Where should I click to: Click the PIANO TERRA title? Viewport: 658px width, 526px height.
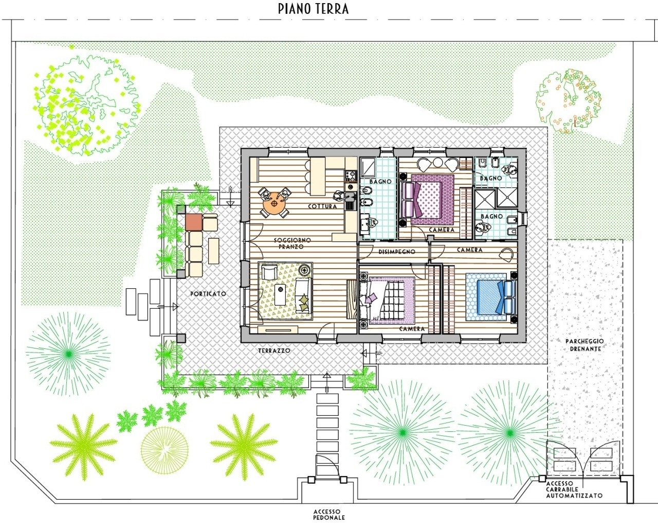(313, 9)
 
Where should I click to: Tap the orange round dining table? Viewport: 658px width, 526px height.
(275, 203)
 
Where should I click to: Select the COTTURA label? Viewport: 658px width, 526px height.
(322, 206)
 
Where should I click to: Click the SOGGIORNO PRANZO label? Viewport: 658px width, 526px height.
(292, 243)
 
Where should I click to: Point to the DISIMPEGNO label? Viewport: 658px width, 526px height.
(397, 252)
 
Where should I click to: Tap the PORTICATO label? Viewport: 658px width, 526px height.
(208, 294)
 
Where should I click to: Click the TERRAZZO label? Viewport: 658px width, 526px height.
(274, 351)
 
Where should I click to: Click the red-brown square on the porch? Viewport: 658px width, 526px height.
(194, 222)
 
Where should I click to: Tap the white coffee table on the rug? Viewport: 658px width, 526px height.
(280, 294)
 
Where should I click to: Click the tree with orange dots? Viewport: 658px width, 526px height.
(568, 101)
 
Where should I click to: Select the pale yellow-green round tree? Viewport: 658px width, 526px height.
(164, 450)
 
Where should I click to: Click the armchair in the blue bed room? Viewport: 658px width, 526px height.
(506, 254)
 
